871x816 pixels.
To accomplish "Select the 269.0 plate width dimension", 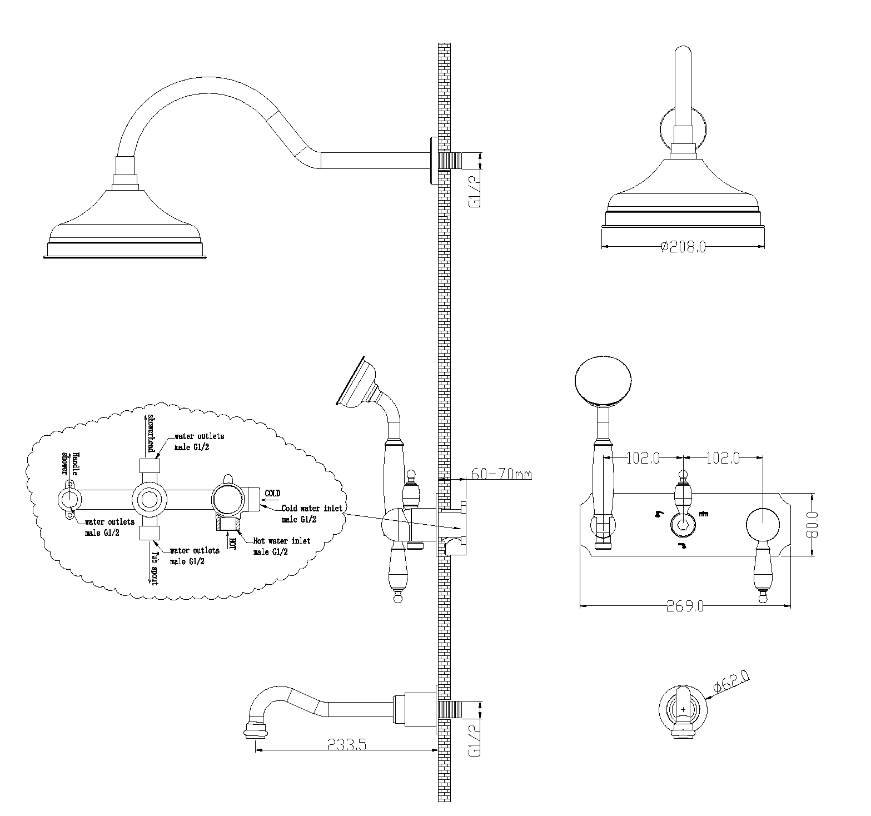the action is (685, 606).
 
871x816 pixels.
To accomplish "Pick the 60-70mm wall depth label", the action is (501, 474).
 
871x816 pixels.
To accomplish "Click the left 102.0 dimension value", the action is (643, 458).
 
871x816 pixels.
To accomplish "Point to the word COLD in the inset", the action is (272, 493).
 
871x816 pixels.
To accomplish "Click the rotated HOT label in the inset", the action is (232, 543).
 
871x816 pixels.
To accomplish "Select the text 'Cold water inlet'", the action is (311, 507).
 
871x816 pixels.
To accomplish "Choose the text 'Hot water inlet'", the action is (282, 540).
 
